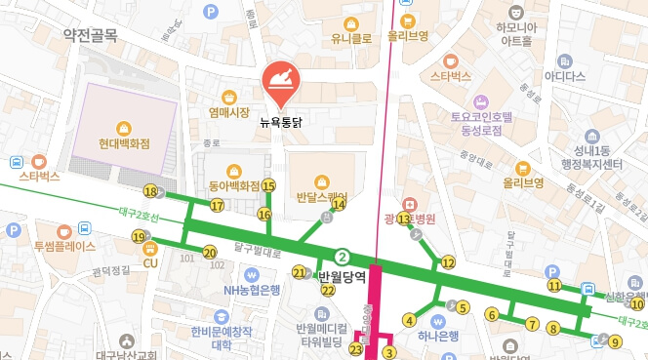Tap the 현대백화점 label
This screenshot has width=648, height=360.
(x=124, y=143)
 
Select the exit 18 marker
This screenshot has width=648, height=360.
(x=149, y=191)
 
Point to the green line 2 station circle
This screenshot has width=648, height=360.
(x=342, y=258)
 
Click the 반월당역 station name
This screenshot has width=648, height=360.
(x=342, y=277)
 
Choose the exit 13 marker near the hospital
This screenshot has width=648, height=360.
(x=403, y=219)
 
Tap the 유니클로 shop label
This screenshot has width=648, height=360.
(x=352, y=40)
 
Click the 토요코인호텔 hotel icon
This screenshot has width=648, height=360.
(x=480, y=100)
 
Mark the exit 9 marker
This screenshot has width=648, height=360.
(x=615, y=341)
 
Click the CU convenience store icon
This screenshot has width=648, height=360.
(x=149, y=247)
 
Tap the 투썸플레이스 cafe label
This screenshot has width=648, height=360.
(x=64, y=247)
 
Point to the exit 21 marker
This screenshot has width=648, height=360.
(x=300, y=272)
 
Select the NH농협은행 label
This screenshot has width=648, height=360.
(x=252, y=290)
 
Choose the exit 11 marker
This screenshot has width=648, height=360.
(x=554, y=286)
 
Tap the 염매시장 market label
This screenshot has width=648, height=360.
(x=229, y=112)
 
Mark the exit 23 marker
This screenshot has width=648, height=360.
(x=356, y=349)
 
